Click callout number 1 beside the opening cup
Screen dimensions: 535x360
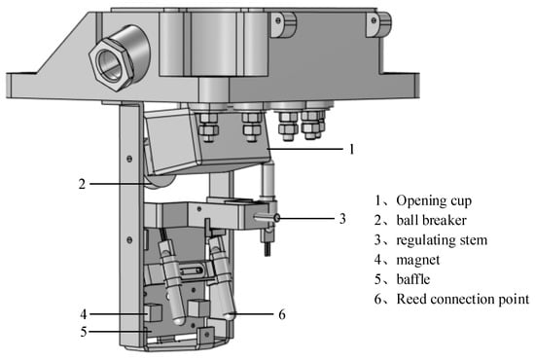click(351, 149)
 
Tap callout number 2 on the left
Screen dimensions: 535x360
click(82, 184)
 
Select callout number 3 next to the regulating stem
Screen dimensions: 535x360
click(342, 218)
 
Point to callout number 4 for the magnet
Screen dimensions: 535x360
click(84, 314)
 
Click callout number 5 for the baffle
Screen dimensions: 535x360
click(84, 332)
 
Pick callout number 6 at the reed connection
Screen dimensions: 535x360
click(282, 314)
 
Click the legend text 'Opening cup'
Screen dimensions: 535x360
click(434, 200)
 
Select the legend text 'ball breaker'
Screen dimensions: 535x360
click(431, 220)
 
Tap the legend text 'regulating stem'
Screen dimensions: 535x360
click(442, 240)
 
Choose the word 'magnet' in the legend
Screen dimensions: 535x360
click(418, 260)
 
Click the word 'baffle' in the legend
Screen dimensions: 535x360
click(413, 279)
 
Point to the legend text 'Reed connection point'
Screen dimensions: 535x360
click(463, 299)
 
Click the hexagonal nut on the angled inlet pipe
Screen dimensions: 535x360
click(111, 64)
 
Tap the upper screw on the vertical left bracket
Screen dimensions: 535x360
click(129, 159)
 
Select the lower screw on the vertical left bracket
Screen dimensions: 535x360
click(129, 240)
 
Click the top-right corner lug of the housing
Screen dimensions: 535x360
click(378, 23)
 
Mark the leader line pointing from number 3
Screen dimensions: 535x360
click(307, 218)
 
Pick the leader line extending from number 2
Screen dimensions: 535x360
click(120, 184)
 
